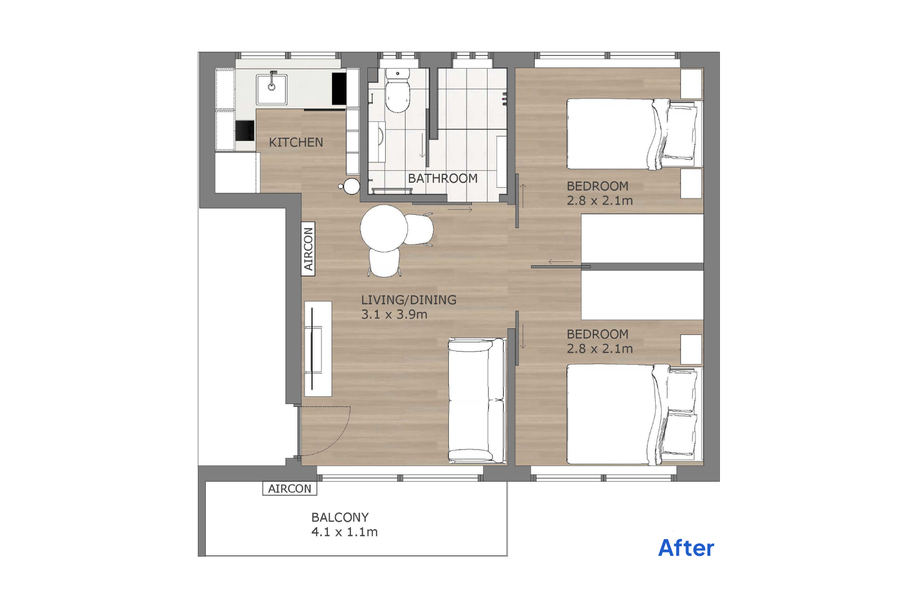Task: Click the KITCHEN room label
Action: pyautogui.click(x=296, y=142)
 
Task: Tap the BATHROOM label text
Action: pyautogui.click(x=443, y=178)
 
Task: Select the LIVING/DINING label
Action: pyautogui.click(x=409, y=300)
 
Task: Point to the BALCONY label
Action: pyautogui.click(x=340, y=517)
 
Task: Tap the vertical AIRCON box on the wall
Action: pyautogui.click(x=308, y=249)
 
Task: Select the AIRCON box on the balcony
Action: pyautogui.click(x=290, y=488)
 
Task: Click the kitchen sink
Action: pyautogui.click(x=271, y=89)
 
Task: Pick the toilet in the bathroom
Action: pyautogui.click(x=398, y=90)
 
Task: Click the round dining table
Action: pyautogui.click(x=384, y=229)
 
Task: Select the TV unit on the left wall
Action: pyautogui.click(x=318, y=348)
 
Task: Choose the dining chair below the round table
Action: pyautogui.click(x=384, y=262)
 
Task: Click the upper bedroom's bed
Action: pyautogui.click(x=634, y=134)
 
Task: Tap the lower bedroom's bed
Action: pyautogui.click(x=634, y=414)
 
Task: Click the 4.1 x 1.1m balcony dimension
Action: pyautogui.click(x=345, y=532)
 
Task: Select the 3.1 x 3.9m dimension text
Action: pyautogui.click(x=394, y=314)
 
